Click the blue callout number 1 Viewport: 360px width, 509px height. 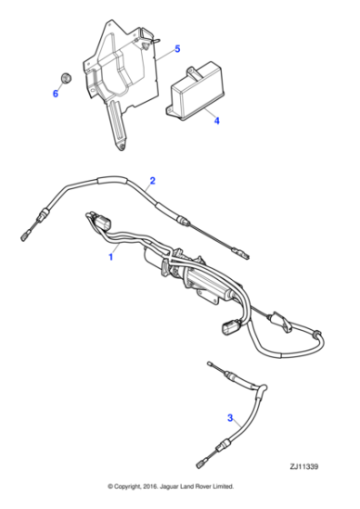(x=112, y=257)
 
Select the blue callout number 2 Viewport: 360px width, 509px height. (x=153, y=180)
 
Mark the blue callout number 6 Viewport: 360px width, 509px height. (x=55, y=93)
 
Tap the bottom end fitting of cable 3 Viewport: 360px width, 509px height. (x=205, y=472)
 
